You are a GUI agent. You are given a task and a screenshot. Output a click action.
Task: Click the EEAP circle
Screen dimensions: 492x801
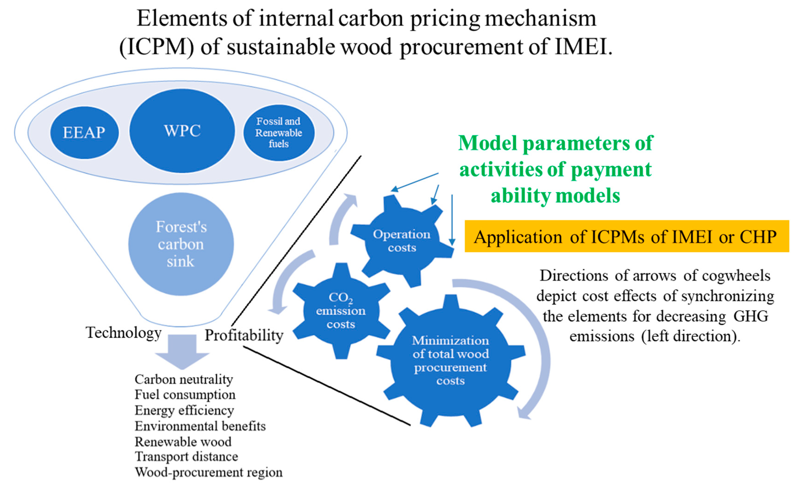tap(84, 132)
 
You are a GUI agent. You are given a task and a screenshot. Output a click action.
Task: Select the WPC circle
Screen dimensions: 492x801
tap(182, 131)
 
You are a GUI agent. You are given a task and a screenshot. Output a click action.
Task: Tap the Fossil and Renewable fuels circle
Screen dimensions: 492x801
tap(279, 132)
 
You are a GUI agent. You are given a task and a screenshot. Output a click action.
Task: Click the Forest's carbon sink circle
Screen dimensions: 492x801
tap(181, 244)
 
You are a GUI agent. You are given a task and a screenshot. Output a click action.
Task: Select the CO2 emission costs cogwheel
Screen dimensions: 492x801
tap(341, 311)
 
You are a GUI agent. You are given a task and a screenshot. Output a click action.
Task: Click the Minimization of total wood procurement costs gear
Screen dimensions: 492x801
tap(450, 360)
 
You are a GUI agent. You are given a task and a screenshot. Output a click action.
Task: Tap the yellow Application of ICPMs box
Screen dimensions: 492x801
tap(626, 237)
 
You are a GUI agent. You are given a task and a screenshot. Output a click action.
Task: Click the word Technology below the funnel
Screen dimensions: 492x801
tap(124, 333)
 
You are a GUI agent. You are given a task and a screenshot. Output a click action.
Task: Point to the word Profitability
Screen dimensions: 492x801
tap(244, 335)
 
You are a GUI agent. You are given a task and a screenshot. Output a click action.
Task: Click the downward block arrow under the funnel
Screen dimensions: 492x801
tap(182, 351)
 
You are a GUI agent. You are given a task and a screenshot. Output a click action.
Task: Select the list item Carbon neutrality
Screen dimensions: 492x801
tap(184, 379)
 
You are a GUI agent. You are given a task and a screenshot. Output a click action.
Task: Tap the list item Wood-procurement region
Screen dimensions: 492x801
tap(209, 472)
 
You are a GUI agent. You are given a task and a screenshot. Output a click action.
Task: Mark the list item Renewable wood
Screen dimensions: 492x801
tap(183, 442)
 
